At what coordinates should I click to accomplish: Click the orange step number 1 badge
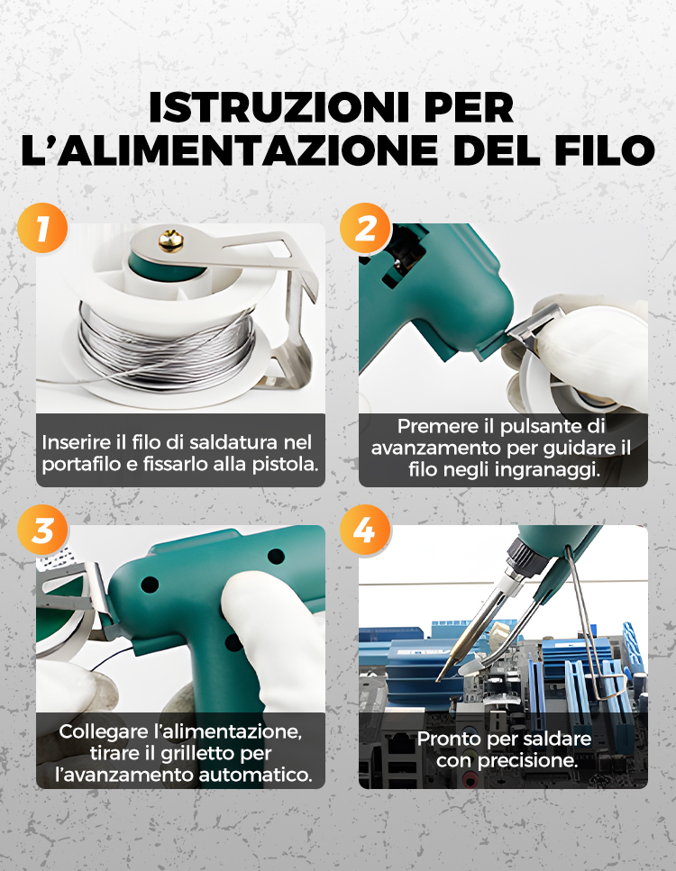coord(42,228)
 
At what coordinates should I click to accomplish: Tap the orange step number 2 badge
coord(365,228)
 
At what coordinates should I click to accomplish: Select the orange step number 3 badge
coord(42,531)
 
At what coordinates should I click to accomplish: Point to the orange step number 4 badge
coord(365,531)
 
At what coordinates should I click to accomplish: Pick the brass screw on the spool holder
coord(171,241)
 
